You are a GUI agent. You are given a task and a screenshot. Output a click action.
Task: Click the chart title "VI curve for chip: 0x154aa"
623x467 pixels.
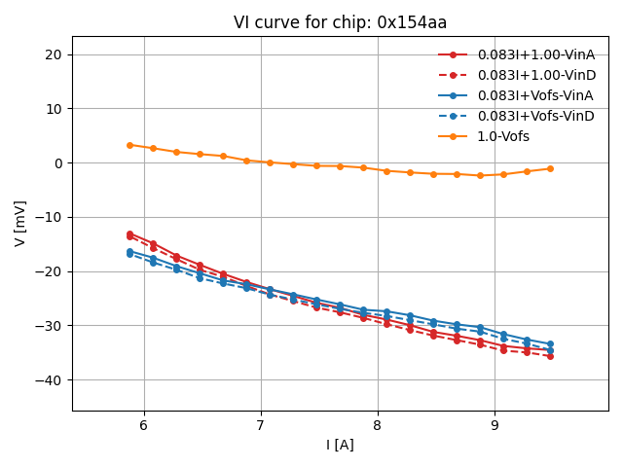pos(340,22)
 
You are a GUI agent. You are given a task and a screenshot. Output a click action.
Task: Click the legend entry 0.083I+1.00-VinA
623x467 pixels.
pos(535,54)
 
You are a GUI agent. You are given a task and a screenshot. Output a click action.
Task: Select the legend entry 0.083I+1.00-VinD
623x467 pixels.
pos(535,75)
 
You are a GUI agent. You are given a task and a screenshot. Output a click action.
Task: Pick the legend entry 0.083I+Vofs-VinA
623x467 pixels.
pos(535,95)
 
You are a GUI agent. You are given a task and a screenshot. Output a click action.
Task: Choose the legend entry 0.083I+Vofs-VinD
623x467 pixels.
pos(535,116)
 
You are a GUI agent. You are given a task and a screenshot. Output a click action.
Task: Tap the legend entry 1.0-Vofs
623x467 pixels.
pos(503,136)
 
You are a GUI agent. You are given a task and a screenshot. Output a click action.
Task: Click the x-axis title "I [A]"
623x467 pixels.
pos(340,445)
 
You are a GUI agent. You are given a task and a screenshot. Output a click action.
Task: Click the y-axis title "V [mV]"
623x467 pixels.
pos(20,223)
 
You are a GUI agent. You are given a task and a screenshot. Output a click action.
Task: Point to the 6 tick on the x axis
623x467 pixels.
pos(143,425)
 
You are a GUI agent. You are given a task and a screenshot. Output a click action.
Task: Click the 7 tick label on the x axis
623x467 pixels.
pos(260,425)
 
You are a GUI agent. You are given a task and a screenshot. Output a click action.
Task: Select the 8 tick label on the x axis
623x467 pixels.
pos(378,425)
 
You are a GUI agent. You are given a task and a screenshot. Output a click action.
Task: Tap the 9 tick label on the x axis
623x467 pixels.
pos(495,425)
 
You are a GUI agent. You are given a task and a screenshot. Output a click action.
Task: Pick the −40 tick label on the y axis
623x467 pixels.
pos(49,379)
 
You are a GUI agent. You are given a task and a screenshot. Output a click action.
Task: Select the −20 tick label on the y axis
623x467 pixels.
pos(49,271)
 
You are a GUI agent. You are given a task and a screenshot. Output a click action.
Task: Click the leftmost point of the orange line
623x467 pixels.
pos(129,145)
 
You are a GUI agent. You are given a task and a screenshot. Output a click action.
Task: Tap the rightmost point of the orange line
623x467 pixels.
pos(550,168)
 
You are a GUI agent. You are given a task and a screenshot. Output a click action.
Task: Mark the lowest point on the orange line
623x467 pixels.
pos(480,175)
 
